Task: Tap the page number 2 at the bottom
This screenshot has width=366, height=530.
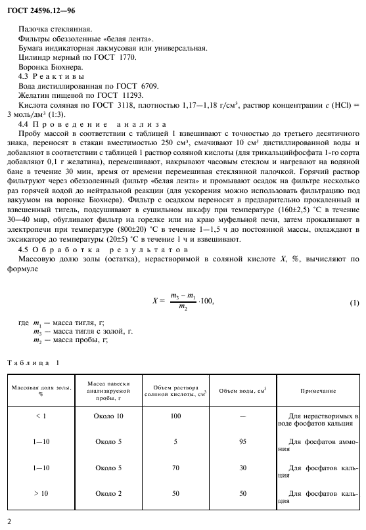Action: pos(9,520)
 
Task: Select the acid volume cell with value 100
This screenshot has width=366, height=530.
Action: pos(175,416)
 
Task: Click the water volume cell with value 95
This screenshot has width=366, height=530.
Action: pos(242,441)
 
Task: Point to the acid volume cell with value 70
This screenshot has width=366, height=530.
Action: pos(175,467)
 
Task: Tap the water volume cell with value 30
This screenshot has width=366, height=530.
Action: pos(242,467)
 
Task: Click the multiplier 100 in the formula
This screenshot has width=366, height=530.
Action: pos(206,301)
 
